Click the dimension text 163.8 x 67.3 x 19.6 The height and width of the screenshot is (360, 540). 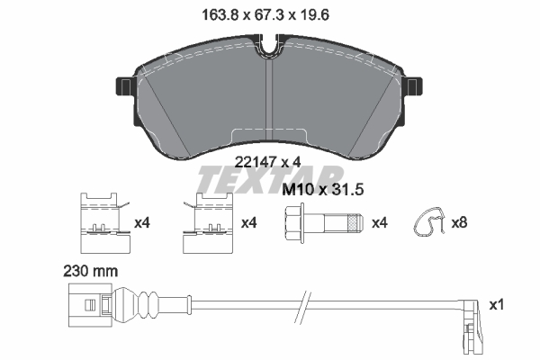pyautogui.click(x=271, y=13)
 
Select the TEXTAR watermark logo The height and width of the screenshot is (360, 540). pyautogui.click(x=270, y=180)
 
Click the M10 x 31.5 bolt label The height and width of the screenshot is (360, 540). pyautogui.click(x=328, y=191)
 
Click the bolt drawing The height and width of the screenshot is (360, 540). pyautogui.click(x=325, y=221)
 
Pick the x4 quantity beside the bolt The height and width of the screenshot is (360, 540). pyautogui.click(x=379, y=221)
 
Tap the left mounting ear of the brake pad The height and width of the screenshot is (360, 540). pyautogui.click(x=123, y=86)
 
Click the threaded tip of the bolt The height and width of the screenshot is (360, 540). pyautogui.click(x=356, y=221)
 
